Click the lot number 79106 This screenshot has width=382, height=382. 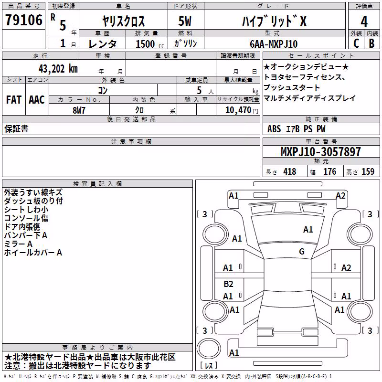click(x=24, y=20)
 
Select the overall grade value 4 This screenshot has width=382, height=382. click(x=364, y=22)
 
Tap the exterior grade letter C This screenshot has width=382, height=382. click(x=356, y=43)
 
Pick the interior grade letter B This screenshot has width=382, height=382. click(x=372, y=43)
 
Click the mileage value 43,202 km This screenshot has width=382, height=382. click(x=58, y=69)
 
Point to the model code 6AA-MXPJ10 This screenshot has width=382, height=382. click(x=274, y=44)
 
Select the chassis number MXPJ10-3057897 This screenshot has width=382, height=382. click(x=320, y=152)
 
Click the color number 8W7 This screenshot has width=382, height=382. click(x=79, y=110)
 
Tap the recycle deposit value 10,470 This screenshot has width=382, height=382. click(x=238, y=110)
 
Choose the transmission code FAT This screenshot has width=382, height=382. click(x=14, y=100)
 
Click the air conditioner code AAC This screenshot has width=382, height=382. click(x=37, y=100)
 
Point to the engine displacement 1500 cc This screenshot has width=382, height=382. click(x=150, y=44)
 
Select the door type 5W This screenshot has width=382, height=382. click(x=185, y=21)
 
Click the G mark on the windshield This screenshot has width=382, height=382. click(x=302, y=252)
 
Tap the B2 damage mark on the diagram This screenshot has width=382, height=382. click(x=228, y=284)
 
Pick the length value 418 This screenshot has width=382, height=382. click(x=290, y=171)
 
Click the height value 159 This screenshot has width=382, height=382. click(x=368, y=171)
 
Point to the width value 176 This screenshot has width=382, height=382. click(x=329, y=171)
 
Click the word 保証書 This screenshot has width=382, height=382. click(x=16, y=129)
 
